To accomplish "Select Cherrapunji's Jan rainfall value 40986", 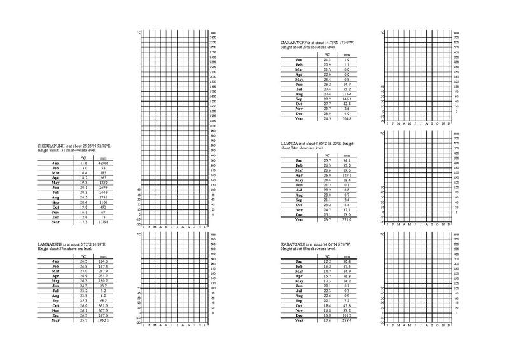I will (x=102, y=163).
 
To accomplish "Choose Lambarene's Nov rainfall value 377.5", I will (x=102, y=312).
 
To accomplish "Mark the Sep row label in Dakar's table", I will (x=300, y=99).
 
